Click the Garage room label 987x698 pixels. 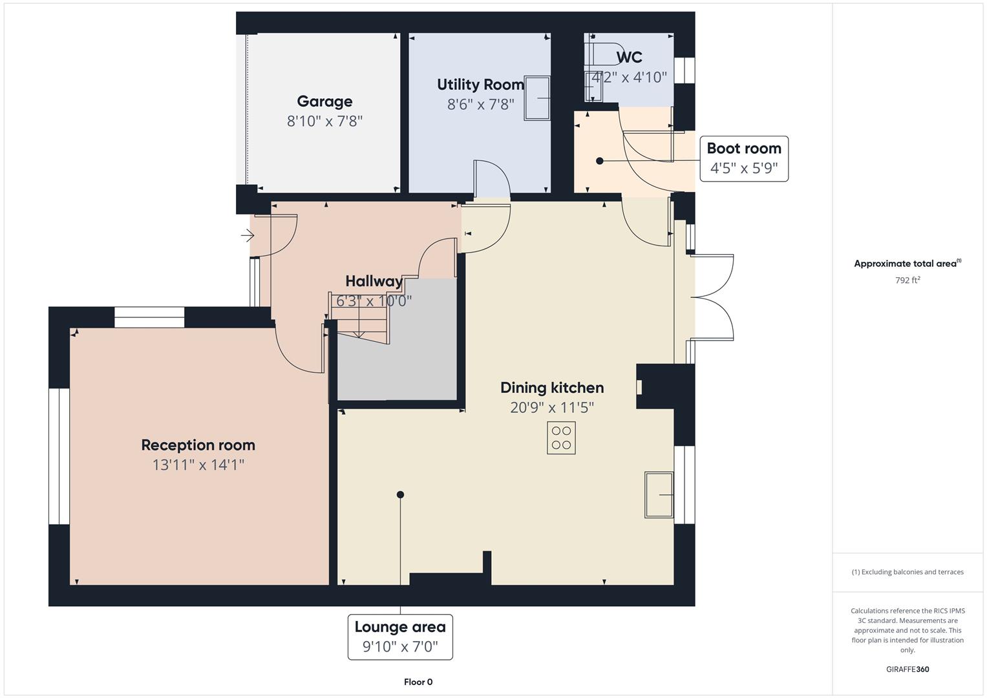tap(324, 101)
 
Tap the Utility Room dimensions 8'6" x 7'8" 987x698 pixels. tap(480, 104)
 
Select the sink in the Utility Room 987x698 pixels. tap(536, 98)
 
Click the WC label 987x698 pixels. tap(629, 58)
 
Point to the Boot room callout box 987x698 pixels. tap(744, 158)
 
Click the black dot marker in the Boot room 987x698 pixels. tap(600, 161)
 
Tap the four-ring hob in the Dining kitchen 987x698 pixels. tap(561, 438)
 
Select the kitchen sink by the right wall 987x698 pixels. tap(659, 494)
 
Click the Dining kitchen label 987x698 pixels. tap(552, 388)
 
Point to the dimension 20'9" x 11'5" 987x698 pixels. tap(552, 407)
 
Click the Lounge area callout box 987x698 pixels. tap(400, 637)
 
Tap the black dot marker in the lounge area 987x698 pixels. tap(400, 494)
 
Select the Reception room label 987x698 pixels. tap(198, 445)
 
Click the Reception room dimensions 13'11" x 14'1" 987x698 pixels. tap(198, 465)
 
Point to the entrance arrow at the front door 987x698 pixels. tap(248, 236)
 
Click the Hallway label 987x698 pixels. tap(374, 281)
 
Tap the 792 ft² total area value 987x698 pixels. tap(907, 280)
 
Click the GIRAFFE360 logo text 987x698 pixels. tap(907, 670)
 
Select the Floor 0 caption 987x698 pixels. tap(418, 682)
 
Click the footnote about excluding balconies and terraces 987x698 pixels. tap(907, 572)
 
